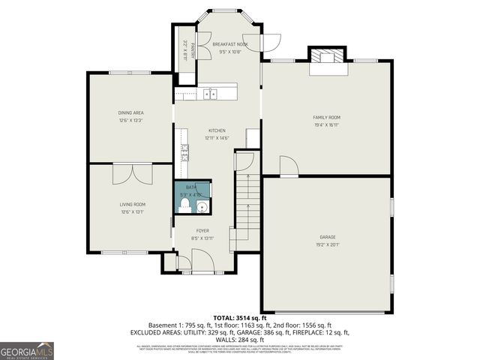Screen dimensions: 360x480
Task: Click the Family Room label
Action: pyautogui.click(x=326, y=118)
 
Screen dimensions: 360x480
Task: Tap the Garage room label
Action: pyautogui.click(x=326, y=238)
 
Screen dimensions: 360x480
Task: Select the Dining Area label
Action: pyautogui.click(x=130, y=112)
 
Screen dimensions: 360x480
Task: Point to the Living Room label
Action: pyautogui.click(x=132, y=204)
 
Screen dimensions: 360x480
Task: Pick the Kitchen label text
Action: pyautogui.click(x=217, y=130)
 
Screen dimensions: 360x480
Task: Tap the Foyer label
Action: pyautogui.click(x=202, y=230)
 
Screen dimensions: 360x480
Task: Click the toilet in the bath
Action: pyautogui.click(x=185, y=203)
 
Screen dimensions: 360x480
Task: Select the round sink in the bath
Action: pyautogui.click(x=202, y=205)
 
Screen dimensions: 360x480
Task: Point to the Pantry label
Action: pyautogui.click(x=193, y=50)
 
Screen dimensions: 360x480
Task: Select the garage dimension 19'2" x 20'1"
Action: pyautogui.click(x=326, y=244)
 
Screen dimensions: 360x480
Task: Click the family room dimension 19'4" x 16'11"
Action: pyautogui.click(x=326, y=125)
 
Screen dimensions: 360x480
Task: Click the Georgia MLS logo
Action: pyautogui.click(x=27, y=350)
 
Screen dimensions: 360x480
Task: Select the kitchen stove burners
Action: pyautogui.click(x=183, y=151)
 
